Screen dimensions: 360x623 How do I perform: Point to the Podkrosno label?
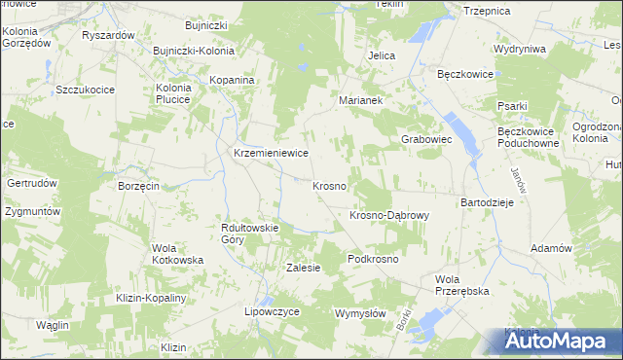coord(374,260)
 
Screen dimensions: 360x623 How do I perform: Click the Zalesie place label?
coord(303,268)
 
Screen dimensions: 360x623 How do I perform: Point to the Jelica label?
coord(382,55)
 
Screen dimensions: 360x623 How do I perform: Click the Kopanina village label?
coord(233,79)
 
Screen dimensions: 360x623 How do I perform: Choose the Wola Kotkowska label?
coord(177,254)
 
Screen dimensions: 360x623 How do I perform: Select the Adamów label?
coord(550,248)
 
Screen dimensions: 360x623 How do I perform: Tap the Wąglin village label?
coord(53,324)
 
